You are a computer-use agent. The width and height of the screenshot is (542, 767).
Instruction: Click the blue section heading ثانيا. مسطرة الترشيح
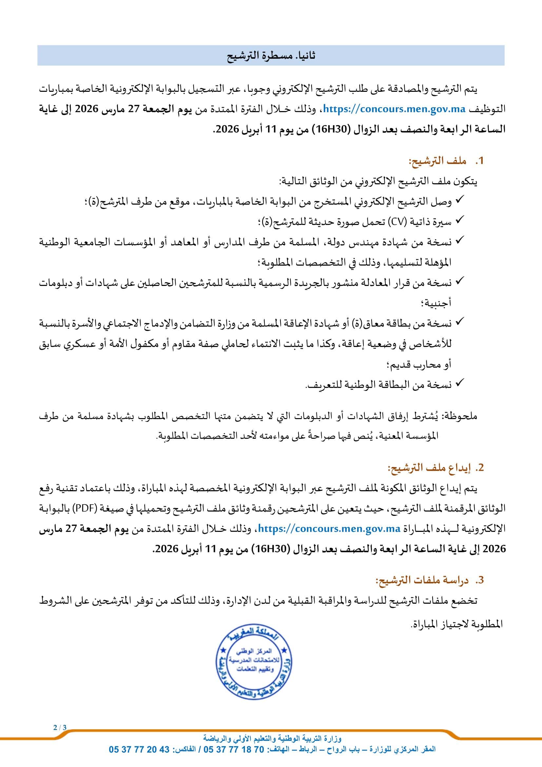(271, 55)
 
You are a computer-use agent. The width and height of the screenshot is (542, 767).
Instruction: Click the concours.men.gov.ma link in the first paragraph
(394, 109)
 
